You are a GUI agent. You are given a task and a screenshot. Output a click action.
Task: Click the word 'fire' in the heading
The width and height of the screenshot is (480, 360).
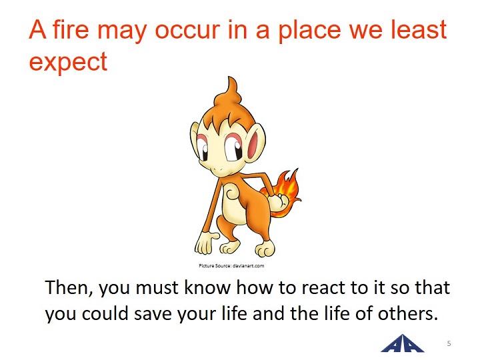tap(71, 30)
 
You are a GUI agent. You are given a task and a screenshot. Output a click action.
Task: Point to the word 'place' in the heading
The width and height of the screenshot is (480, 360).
tap(309, 32)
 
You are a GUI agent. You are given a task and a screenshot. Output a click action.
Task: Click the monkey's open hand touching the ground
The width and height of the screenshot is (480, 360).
tap(206, 243)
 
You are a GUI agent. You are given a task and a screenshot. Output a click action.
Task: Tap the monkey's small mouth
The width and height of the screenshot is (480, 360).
tap(217, 169)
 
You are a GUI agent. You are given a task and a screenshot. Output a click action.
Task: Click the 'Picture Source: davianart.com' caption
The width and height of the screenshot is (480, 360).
tap(231, 266)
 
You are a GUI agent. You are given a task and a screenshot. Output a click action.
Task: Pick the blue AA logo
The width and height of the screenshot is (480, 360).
tap(403, 343)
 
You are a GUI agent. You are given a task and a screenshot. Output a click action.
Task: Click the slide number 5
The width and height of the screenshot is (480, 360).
tap(449, 343)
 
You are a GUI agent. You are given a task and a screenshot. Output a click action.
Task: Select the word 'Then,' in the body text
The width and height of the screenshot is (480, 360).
tap(69, 288)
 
